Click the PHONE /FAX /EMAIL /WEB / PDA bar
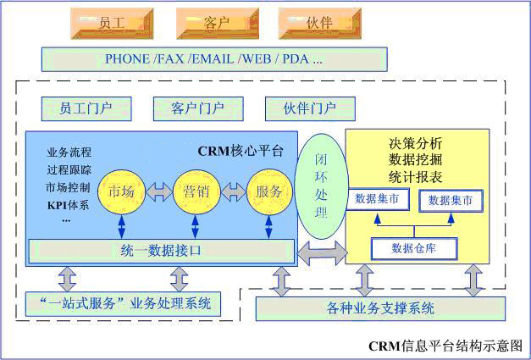click(214, 58)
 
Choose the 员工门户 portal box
click(87, 108)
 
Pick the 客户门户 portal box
click(198, 108)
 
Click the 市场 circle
click(122, 191)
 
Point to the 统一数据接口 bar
click(161, 251)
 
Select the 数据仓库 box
click(413, 248)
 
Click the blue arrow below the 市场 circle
click(123, 225)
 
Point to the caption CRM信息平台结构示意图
click(445, 346)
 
